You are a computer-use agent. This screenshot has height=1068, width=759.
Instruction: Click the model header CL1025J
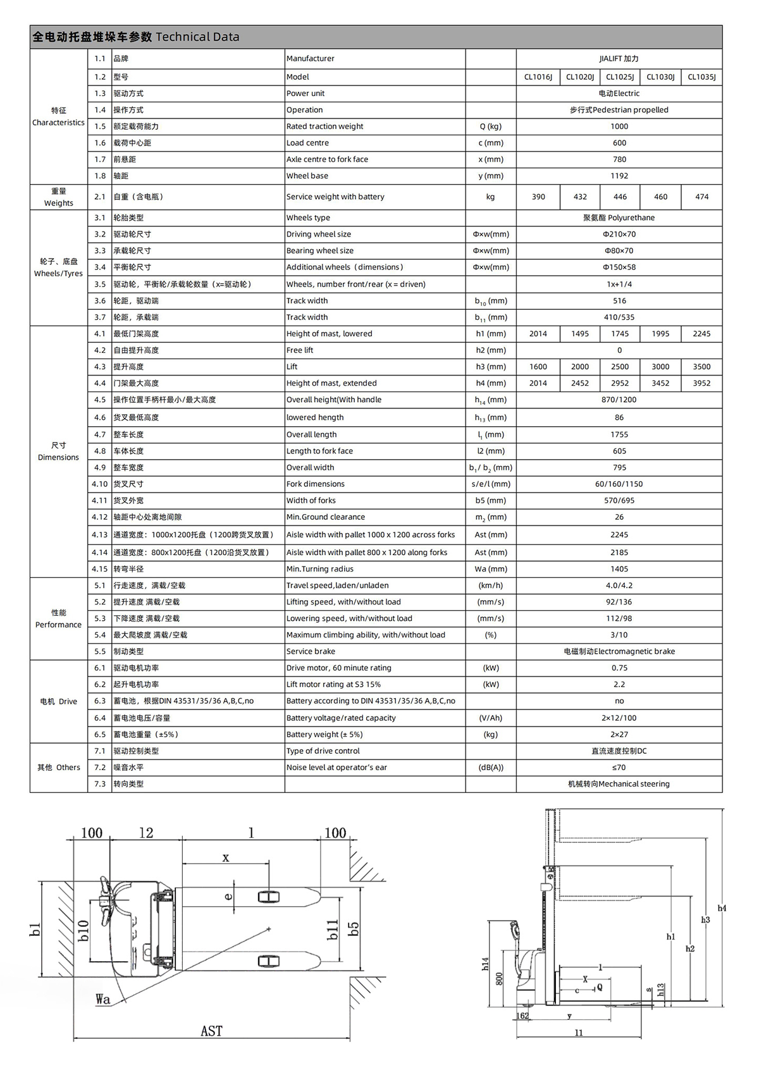(619, 77)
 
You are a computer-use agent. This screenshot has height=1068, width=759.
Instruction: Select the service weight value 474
(701, 197)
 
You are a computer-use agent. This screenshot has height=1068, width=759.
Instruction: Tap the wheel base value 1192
(619, 176)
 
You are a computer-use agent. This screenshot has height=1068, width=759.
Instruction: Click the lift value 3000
(660, 367)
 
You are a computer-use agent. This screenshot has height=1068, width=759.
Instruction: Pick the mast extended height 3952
(701, 383)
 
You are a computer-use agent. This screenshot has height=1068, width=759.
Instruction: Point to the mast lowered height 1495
(580, 334)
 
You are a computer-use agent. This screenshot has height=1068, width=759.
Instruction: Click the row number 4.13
(100, 535)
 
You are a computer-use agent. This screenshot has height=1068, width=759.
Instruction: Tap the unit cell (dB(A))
(490, 768)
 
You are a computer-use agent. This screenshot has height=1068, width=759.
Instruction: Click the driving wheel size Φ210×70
(619, 234)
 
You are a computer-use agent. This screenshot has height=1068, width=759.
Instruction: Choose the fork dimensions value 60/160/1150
(619, 484)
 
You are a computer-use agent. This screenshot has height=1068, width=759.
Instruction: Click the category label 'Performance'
(58, 625)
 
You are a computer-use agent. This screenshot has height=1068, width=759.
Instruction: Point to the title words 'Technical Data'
(197, 37)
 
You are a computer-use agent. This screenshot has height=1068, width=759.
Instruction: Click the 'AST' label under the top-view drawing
(211, 1031)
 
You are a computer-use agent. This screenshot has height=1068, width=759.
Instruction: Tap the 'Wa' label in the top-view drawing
(102, 999)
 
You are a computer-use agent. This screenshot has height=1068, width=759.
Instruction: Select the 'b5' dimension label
(354, 928)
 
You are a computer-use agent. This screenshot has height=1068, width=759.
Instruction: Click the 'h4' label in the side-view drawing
(722, 908)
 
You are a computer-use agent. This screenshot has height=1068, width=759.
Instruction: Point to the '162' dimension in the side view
(522, 1016)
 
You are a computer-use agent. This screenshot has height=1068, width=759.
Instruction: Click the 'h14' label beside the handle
(485, 964)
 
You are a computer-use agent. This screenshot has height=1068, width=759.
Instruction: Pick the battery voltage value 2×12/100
(619, 718)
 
